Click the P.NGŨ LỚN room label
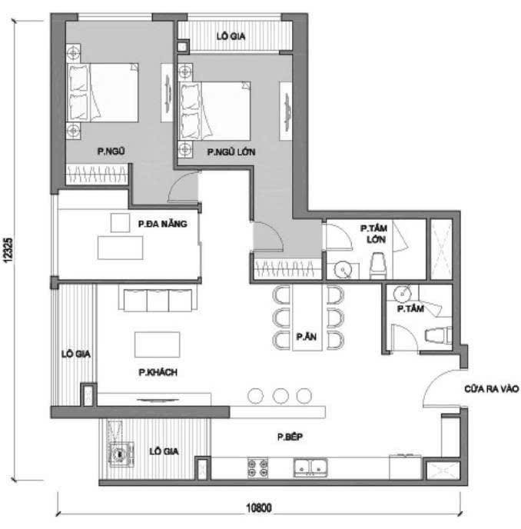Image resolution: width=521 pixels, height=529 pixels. pyautogui.click(x=231, y=152)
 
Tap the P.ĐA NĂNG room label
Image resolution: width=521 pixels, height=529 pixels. pyautogui.click(x=163, y=224)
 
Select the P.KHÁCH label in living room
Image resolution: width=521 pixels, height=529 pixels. pyautogui.click(x=158, y=372)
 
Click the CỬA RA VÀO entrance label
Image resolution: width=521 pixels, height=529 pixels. pyautogui.click(x=491, y=390)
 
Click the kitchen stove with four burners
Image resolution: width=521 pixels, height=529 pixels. pyautogui.click(x=257, y=466)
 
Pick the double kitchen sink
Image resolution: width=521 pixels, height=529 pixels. pyautogui.click(x=311, y=466)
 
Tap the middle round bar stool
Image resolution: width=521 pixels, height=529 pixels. pyautogui.click(x=280, y=395)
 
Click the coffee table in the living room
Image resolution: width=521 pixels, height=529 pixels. pyautogui.click(x=157, y=344)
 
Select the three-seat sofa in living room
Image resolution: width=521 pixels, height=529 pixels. pyautogui.click(x=158, y=301)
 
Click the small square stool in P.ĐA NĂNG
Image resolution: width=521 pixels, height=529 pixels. pyautogui.click(x=120, y=222)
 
